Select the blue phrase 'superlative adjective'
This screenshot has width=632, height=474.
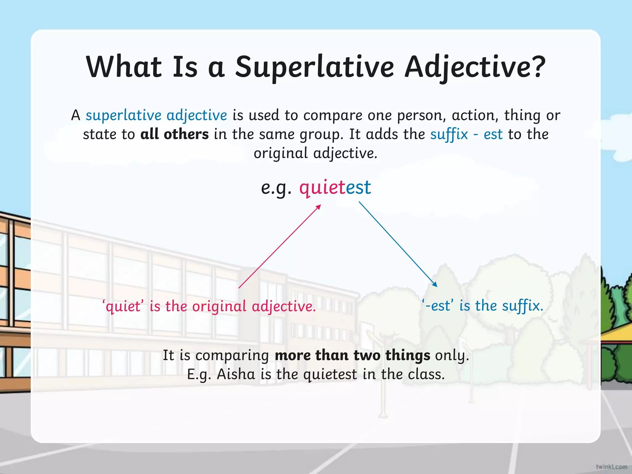coord(156,115)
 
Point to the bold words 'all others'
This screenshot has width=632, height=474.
coord(174,134)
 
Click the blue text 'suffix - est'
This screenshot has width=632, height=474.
coord(466,134)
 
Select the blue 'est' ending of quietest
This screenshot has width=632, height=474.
coord(358,187)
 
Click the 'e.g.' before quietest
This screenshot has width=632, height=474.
coord(276,187)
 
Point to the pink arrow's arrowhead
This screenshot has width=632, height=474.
coord(319,207)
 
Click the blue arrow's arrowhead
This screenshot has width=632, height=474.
coord(435,285)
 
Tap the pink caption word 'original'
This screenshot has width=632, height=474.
coord(219,306)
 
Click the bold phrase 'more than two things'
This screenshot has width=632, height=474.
coord(352,355)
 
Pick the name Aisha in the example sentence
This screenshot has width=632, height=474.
coord(236,374)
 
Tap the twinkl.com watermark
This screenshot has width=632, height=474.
coord(611,467)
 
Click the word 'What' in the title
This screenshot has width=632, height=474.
coord(124,67)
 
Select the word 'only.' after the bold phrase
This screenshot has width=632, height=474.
coord(452,355)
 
